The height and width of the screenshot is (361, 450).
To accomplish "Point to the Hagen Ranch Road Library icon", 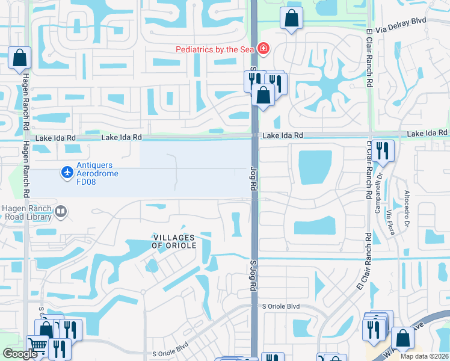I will click(x=61, y=212).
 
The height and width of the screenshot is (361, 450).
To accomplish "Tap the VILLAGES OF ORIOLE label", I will click(x=174, y=241).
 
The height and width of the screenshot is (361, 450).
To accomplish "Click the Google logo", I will click(x=20, y=354).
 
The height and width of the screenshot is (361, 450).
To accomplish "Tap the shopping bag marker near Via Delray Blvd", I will click(x=291, y=19).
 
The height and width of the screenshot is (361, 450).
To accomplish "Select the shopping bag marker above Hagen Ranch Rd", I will click(x=19, y=58).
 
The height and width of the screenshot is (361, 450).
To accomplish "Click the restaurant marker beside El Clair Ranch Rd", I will click(x=382, y=150).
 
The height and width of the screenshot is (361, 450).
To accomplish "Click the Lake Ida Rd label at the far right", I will click(x=428, y=132).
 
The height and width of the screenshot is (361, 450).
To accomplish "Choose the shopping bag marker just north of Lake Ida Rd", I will click(x=263, y=94).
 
